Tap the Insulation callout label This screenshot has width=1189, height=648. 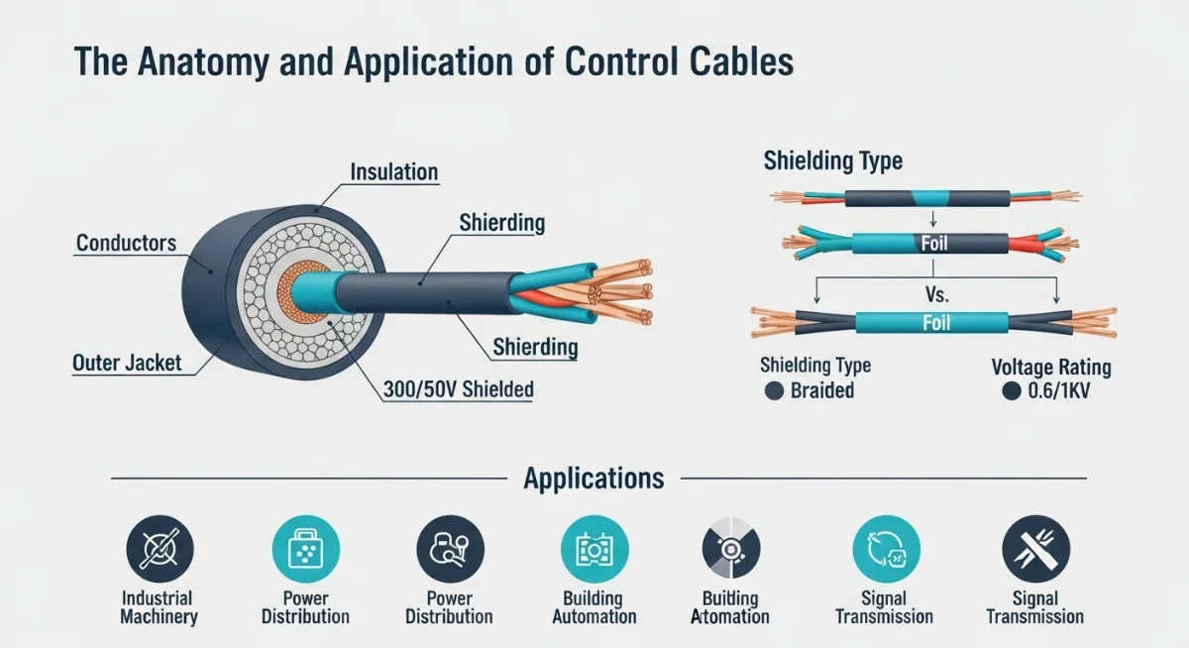393,172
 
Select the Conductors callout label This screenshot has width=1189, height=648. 126,243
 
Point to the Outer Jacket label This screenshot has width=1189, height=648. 127,363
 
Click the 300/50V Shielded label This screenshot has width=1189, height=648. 458,389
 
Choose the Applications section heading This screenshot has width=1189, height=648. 594,479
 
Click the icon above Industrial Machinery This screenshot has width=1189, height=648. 160,549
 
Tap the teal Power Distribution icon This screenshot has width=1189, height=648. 305,549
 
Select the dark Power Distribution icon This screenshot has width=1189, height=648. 450,549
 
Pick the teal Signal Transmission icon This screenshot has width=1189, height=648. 886,549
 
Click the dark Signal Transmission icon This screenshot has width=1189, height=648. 1035,549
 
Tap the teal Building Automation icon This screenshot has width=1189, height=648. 594,549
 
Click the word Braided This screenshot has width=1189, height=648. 821,390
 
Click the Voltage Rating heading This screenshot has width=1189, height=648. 1051,368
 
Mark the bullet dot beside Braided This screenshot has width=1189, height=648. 774,390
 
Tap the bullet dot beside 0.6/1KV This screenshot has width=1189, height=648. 1011,390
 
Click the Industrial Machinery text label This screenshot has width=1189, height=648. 159,607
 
